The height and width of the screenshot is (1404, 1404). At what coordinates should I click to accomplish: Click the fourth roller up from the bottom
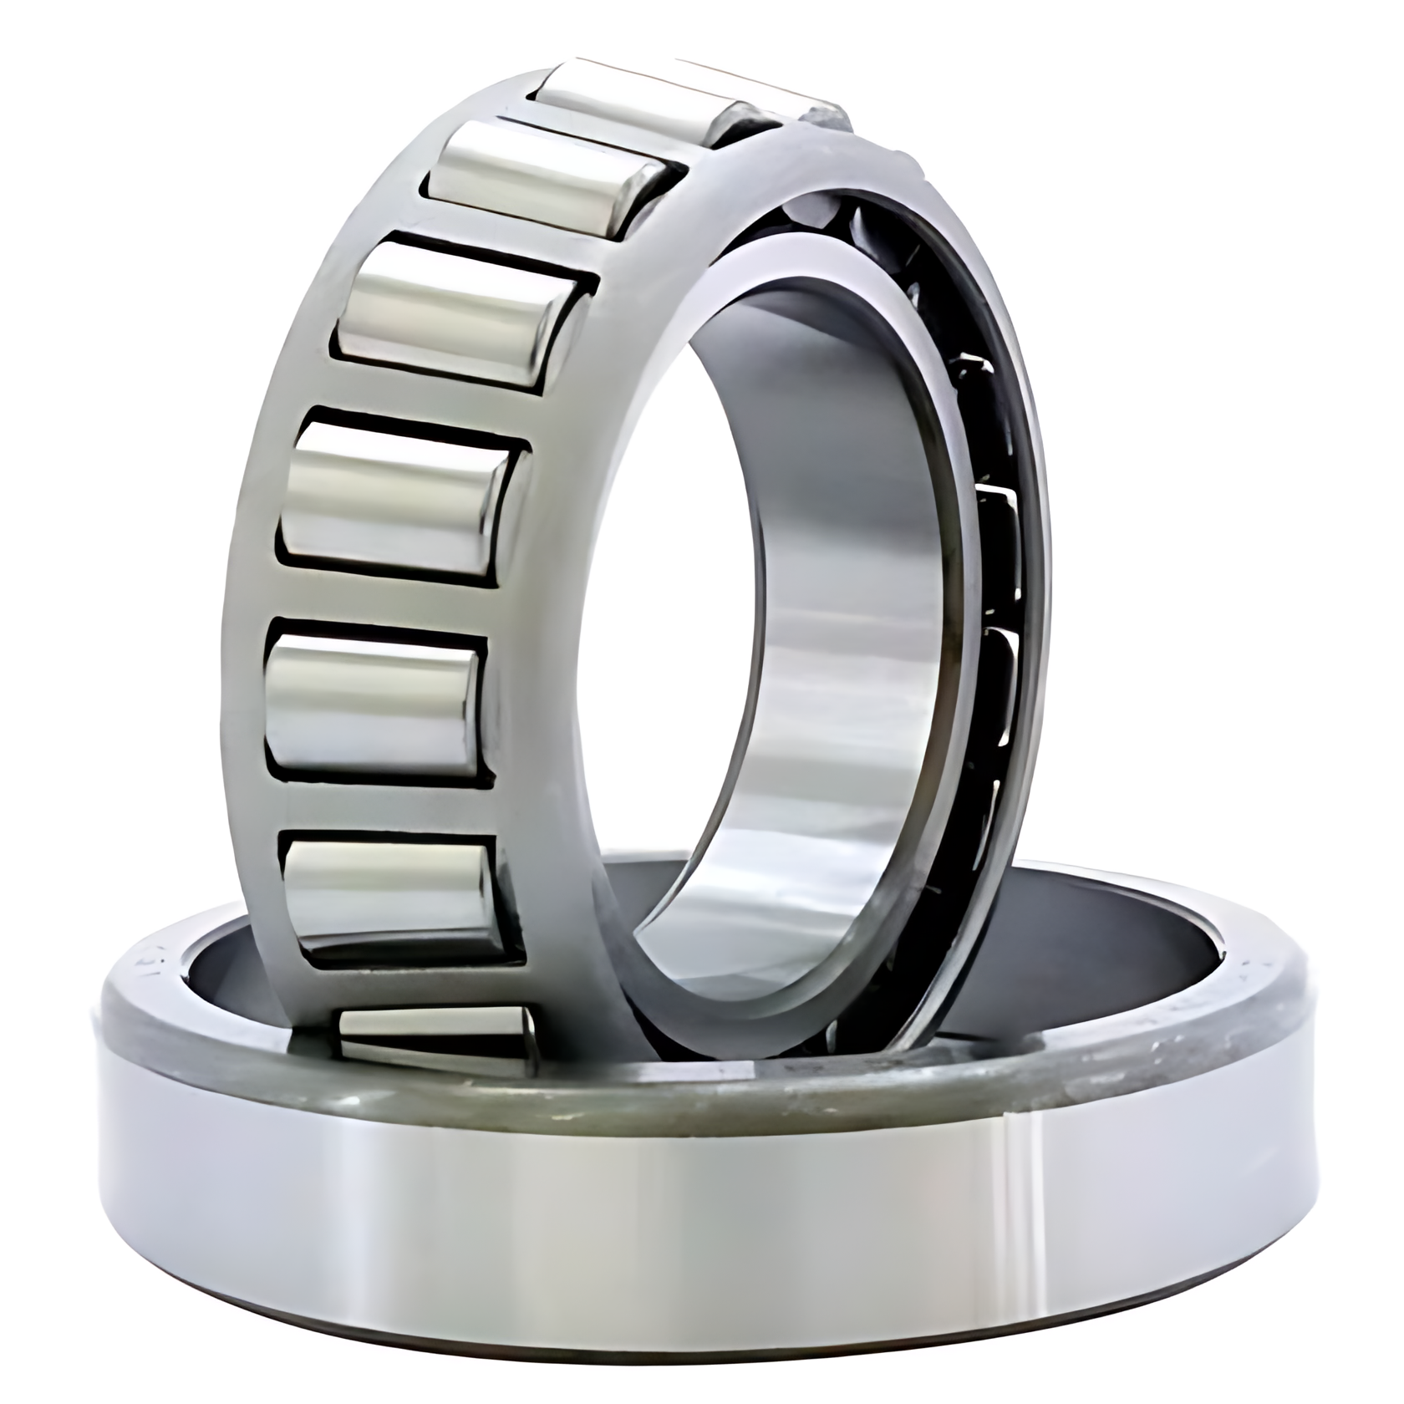tap(401, 501)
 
